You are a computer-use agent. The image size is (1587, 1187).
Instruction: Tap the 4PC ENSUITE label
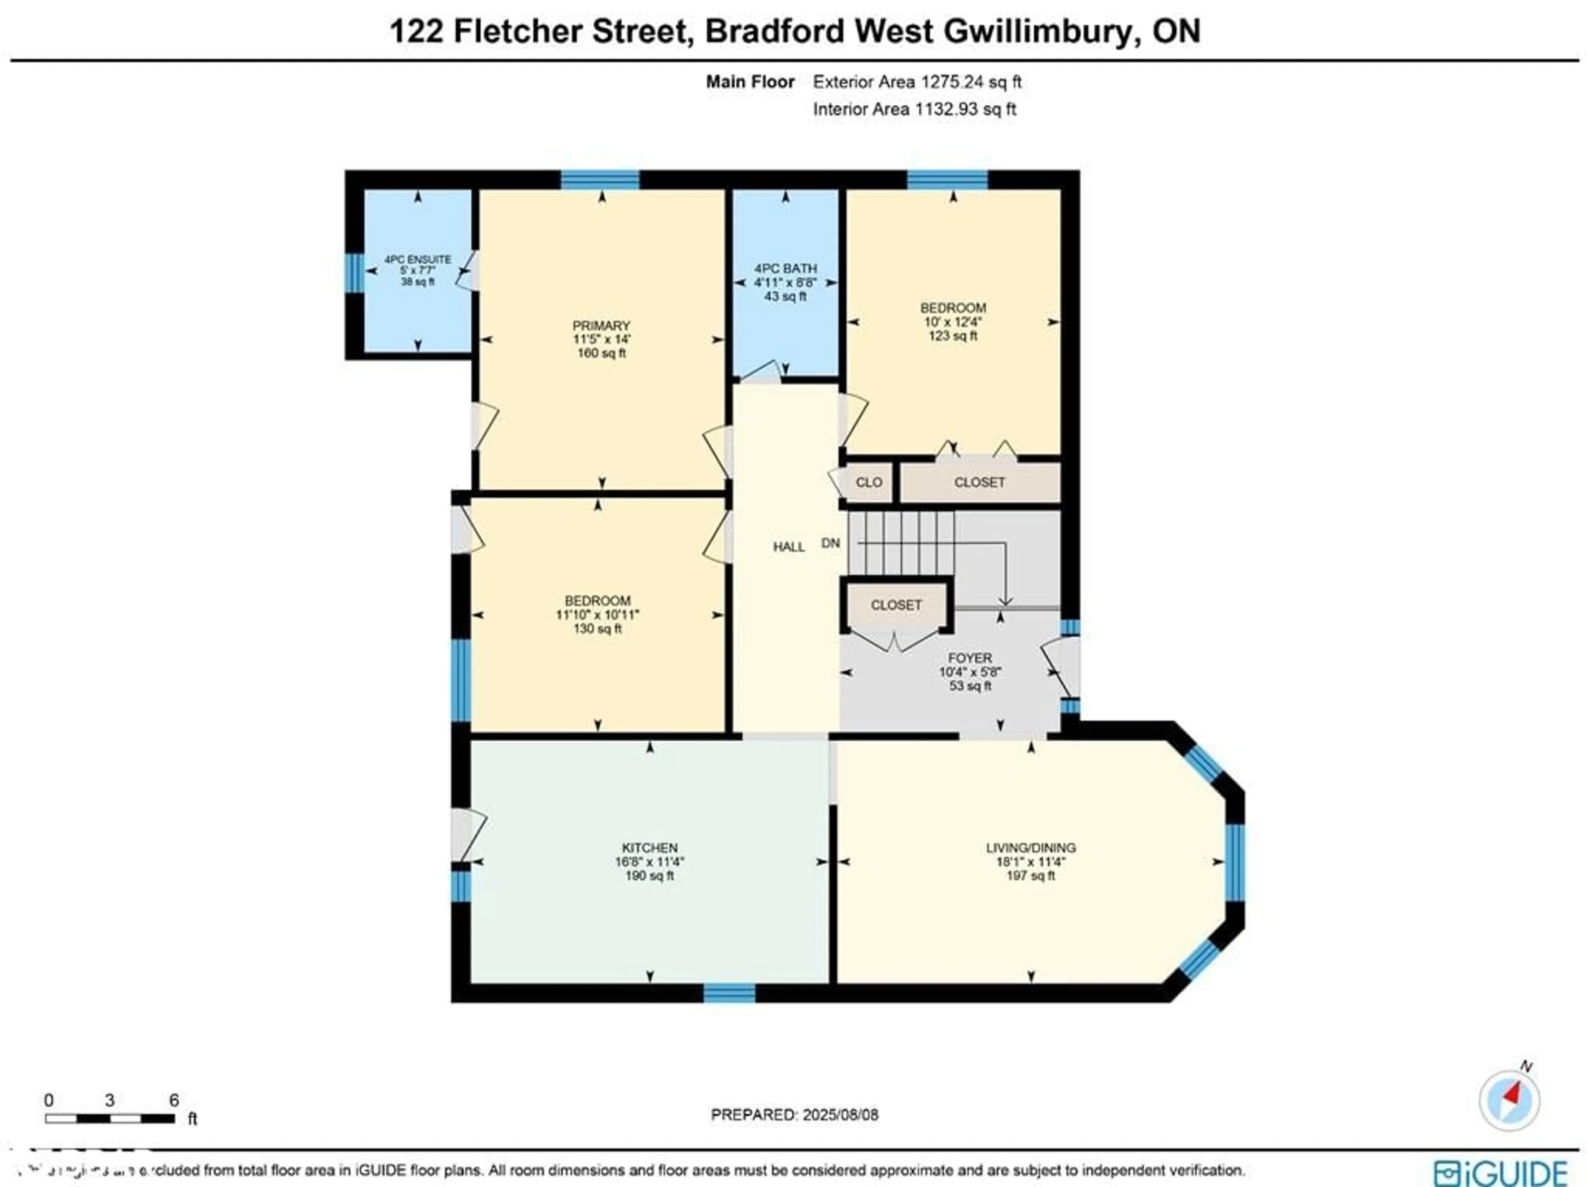click(417, 259)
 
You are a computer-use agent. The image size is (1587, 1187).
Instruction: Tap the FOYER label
click(970, 658)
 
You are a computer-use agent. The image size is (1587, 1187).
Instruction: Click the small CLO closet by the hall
click(869, 483)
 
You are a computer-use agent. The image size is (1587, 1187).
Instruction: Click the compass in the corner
click(1509, 1099)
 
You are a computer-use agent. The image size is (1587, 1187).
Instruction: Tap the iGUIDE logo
click(1499, 1173)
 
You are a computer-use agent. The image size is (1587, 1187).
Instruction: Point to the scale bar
click(110, 1118)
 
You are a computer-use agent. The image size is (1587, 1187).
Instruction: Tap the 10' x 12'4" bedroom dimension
click(953, 322)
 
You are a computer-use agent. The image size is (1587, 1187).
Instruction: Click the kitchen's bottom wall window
click(729, 993)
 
